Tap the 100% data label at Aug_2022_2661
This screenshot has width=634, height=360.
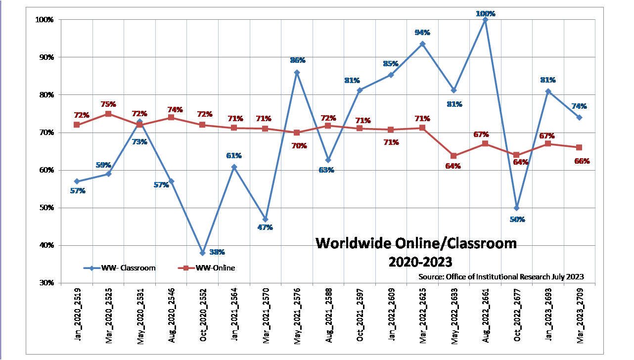[485, 14]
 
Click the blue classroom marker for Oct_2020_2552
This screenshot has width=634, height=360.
[202, 253]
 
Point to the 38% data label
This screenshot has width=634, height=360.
[217, 252]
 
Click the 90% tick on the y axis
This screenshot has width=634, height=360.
[46, 57]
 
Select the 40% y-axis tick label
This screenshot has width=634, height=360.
[46, 245]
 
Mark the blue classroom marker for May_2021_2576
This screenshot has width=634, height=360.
[297, 72]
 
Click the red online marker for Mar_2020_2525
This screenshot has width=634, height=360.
[108, 114]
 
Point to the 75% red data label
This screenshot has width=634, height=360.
[108, 104]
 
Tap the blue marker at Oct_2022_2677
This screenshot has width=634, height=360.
[516, 208]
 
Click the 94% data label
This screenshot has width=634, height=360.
[422, 33]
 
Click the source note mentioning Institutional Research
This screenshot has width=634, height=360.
[501, 276]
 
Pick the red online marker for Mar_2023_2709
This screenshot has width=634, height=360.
[579, 147]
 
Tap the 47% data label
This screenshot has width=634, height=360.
[265, 227]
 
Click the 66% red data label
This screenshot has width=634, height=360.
[582, 161]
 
